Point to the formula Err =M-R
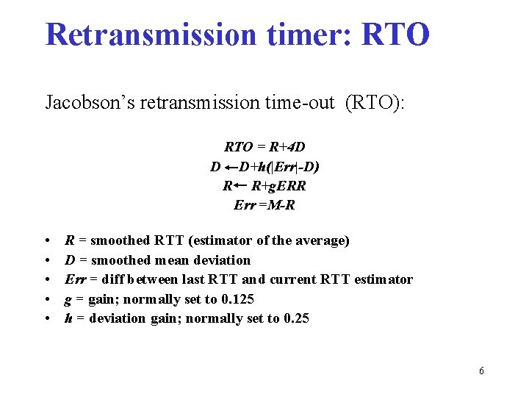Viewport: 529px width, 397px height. pos(264,205)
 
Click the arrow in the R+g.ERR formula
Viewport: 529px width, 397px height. pos(240,186)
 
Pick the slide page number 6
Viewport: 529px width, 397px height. pos(481,371)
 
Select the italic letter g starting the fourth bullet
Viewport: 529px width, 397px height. pos(68,300)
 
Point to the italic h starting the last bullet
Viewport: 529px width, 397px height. pos(68,318)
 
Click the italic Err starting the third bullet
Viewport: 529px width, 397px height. pos(74,279)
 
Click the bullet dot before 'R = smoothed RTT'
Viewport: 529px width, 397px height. pos(48,241)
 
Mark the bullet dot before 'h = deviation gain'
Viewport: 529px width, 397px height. pos(48,319)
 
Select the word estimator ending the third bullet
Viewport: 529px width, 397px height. pos(384,279)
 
